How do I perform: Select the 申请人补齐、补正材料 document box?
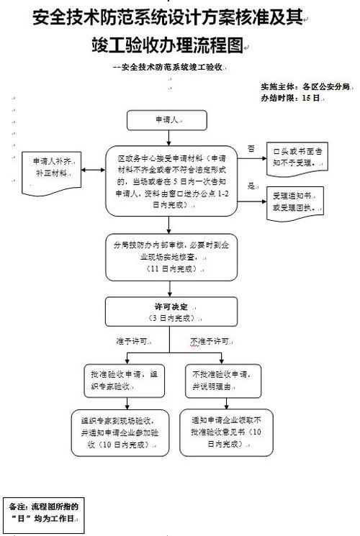51,171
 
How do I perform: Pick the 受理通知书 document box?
297,202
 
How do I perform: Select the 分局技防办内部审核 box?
171,255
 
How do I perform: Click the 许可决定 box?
171,312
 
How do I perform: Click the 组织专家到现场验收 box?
122,432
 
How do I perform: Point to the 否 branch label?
251,148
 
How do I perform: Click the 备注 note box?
42,512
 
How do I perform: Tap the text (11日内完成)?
168,268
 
